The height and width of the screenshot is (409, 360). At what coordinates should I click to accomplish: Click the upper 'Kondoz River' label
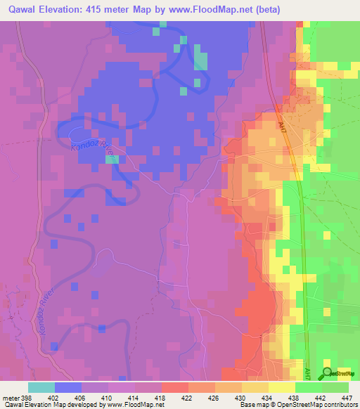(92, 148)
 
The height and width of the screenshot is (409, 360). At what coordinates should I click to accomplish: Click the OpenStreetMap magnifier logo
(327, 373)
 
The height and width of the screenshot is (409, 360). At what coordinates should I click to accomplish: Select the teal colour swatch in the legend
(41, 387)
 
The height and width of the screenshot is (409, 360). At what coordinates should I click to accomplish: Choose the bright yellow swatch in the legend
(282, 387)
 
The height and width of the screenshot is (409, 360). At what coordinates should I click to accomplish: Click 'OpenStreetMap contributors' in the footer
(314, 405)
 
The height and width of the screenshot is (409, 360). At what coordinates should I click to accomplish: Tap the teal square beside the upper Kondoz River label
(112, 160)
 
